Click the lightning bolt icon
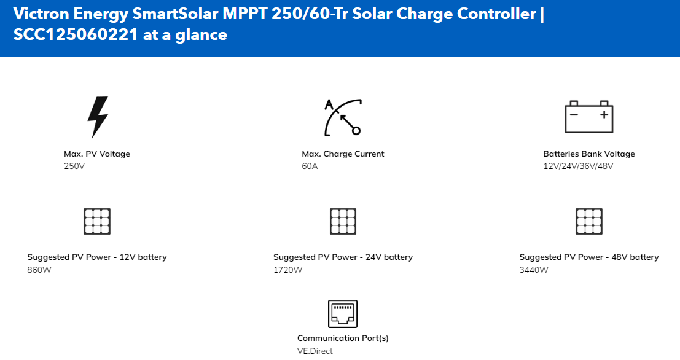pos(98,117)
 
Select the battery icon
pos(589,117)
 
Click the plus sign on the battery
pos(604,114)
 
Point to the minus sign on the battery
pos(574,114)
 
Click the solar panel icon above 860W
pos(97,221)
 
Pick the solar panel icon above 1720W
pos(343,221)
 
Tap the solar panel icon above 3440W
pos(589,221)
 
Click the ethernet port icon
pos(343,314)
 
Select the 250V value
pos(74,166)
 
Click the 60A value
pos(310,166)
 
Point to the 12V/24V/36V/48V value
pos(578,166)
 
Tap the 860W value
pos(39,270)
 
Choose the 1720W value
pos(288,270)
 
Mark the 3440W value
pos(534,270)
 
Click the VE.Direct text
pos(315,351)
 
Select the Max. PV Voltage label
pos(97,154)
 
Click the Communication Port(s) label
pos(343,338)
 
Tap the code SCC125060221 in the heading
pos(76,34)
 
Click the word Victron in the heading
pos(41,14)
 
